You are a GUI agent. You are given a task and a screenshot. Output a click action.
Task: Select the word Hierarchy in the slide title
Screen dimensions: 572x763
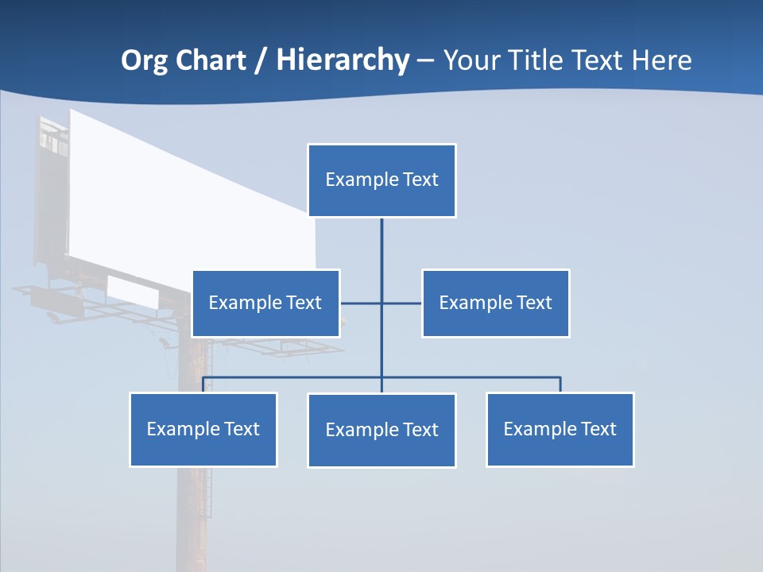point(343,60)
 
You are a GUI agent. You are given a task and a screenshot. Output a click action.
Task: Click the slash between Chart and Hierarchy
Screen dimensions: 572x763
point(261,61)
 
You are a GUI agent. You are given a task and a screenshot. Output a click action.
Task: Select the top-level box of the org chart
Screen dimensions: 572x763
point(381,180)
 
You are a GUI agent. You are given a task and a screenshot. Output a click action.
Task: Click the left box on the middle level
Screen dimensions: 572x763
point(265,303)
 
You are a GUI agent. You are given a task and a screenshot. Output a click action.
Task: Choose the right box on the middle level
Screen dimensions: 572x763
point(495,303)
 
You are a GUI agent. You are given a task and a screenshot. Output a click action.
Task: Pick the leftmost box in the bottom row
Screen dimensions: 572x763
point(203,429)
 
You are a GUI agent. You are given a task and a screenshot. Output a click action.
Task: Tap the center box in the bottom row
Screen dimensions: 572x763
point(381,430)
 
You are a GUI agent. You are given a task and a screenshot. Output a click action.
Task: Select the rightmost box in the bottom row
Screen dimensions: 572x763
point(560,429)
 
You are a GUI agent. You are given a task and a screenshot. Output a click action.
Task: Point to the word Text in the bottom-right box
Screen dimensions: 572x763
point(598,429)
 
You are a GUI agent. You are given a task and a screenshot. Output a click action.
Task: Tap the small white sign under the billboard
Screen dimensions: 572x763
point(134,291)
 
